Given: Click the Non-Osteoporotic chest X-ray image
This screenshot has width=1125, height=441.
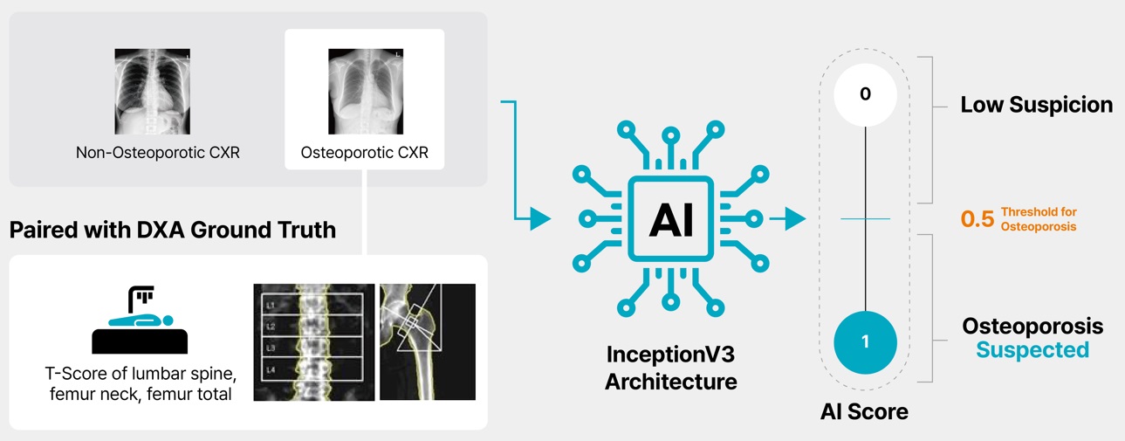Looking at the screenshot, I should (x=152, y=90).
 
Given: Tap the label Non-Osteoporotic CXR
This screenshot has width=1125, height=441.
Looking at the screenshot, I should (x=157, y=153).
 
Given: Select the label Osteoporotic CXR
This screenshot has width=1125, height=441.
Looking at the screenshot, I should (x=365, y=153).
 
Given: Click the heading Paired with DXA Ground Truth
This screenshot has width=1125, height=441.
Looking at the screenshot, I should (x=173, y=230).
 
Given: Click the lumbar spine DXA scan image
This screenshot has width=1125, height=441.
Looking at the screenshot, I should (x=313, y=341).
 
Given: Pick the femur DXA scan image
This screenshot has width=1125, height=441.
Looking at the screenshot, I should (x=428, y=341).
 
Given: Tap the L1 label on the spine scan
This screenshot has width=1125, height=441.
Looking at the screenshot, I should (x=270, y=305).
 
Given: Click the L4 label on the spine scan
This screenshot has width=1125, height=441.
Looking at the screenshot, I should (x=270, y=370).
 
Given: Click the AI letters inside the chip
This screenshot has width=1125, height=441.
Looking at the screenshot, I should (x=670, y=219).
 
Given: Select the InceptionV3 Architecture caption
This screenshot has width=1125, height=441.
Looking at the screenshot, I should (x=670, y=368).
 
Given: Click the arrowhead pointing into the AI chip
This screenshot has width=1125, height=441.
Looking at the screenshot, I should (x=541, y=219).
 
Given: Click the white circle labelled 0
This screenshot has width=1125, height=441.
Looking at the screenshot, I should (x=865, y=94).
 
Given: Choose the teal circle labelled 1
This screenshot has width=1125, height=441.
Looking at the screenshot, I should (x=865, y=341).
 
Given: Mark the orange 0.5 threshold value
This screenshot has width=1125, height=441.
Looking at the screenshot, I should (x=978, y=219).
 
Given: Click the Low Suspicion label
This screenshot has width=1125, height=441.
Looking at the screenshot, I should (x=1036, y=106).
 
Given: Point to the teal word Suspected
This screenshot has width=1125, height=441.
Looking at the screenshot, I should (x=1032, y=350).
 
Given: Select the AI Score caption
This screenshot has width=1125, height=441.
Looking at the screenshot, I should (x=864, y=411).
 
